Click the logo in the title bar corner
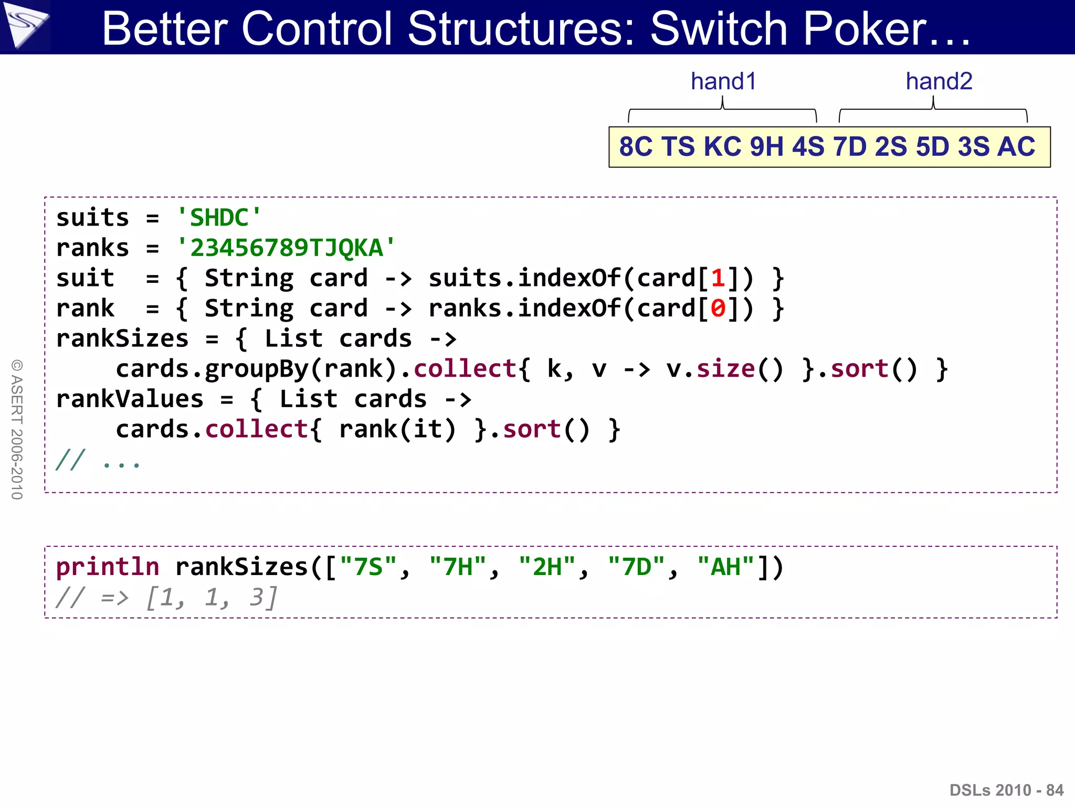25,26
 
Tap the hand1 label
723,81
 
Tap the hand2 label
939,81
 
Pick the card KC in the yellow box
722,146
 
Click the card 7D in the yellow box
849,146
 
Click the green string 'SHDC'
219,218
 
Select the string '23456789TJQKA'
286,248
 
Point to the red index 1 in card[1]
718,278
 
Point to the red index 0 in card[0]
718,309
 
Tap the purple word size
725,369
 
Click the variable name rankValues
129,399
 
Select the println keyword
108,567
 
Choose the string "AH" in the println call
725,567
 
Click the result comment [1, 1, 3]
211,597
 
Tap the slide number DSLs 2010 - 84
1006,790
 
